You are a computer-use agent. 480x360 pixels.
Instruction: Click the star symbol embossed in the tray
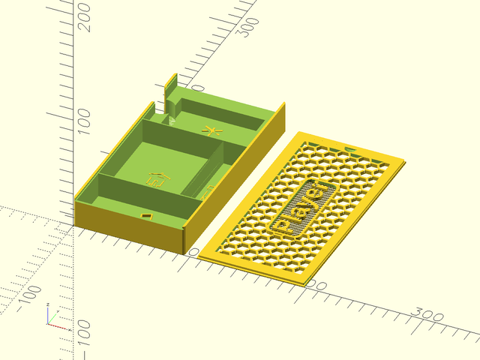coord(213,132)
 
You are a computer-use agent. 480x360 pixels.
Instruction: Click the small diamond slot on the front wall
coord(146,217)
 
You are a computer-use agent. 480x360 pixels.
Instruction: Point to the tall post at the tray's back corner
coord(171,94)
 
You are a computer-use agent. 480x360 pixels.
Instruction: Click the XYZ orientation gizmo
coord(55,319)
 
